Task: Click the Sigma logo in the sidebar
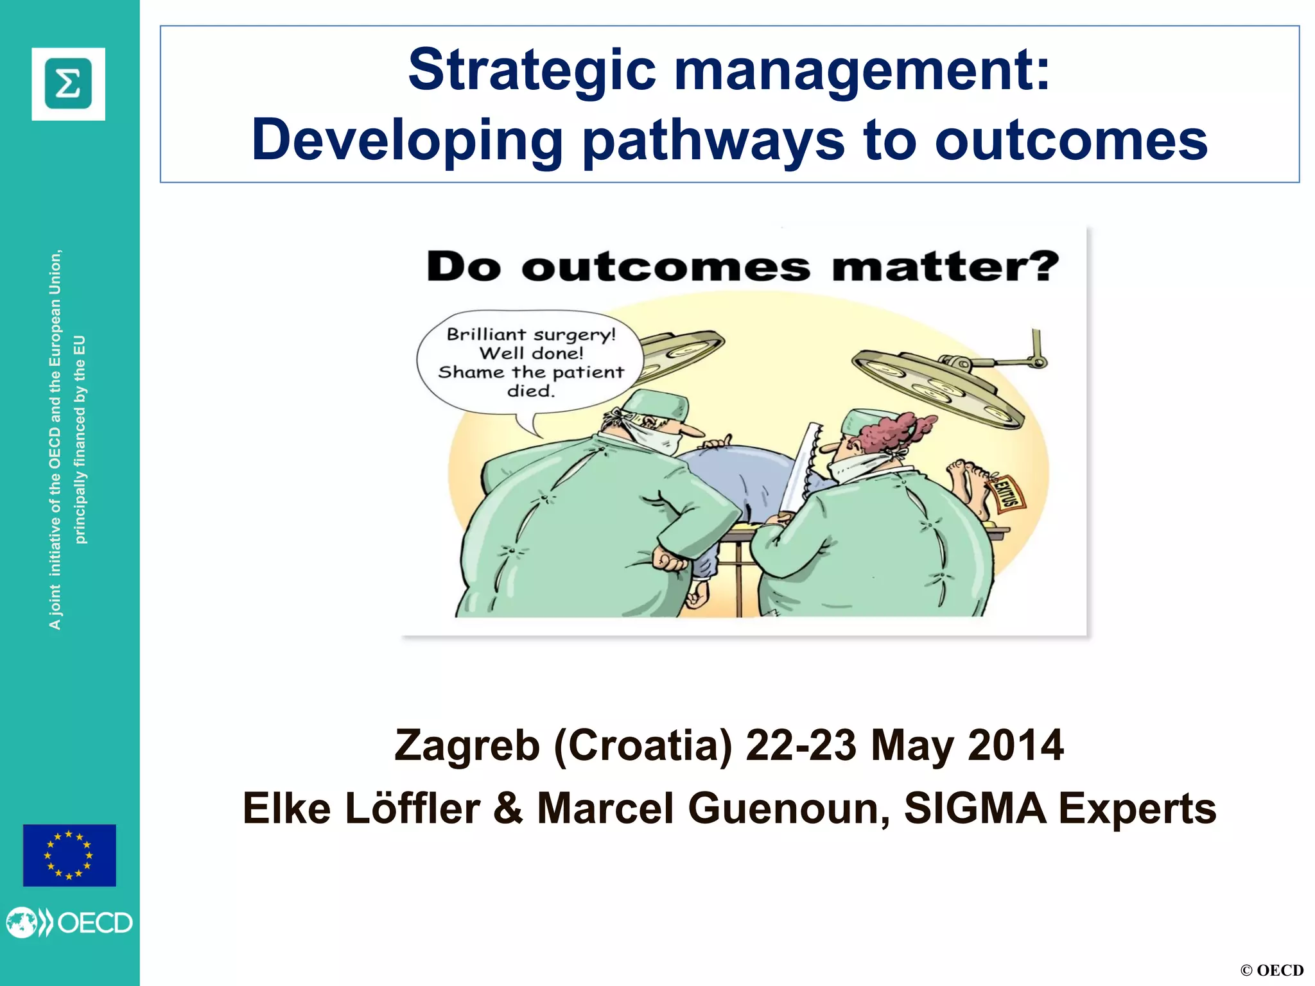click(x=68, y=84)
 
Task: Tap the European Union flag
click(x=69, y=855)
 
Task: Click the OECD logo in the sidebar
click(x=69, y=923)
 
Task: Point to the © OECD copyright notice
click(x=1271, y=970)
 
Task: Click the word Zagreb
click(x=467, y=746)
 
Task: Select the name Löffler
click(x=412, y=809)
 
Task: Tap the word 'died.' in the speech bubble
click(x=530, y=391)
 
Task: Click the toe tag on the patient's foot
click(x=1007, y=494)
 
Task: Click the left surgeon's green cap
click(x=655, y=406)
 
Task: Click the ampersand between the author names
click(x=508, y=809)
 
